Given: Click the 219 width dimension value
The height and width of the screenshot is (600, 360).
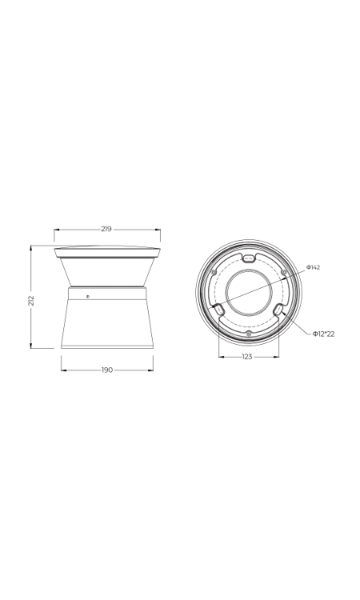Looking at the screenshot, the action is click(106, 229).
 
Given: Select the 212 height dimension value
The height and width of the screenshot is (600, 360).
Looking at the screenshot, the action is click(31, 300).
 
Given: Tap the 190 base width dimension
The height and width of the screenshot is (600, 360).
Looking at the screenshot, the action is click(107, 370).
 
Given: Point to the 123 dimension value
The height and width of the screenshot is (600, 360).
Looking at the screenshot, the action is click(247, 357).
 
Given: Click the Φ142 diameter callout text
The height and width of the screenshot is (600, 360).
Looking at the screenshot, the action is click(313, 267).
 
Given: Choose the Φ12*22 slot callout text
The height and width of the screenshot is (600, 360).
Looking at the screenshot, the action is click(324, 334).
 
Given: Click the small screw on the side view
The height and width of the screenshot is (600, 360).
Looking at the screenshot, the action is click(88, 296).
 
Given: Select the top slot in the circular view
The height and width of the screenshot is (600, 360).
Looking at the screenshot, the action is click(249, 258).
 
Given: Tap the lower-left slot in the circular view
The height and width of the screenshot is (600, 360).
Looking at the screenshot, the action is click(219, 309).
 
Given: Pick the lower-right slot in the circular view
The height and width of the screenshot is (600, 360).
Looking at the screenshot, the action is click(279, 309).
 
